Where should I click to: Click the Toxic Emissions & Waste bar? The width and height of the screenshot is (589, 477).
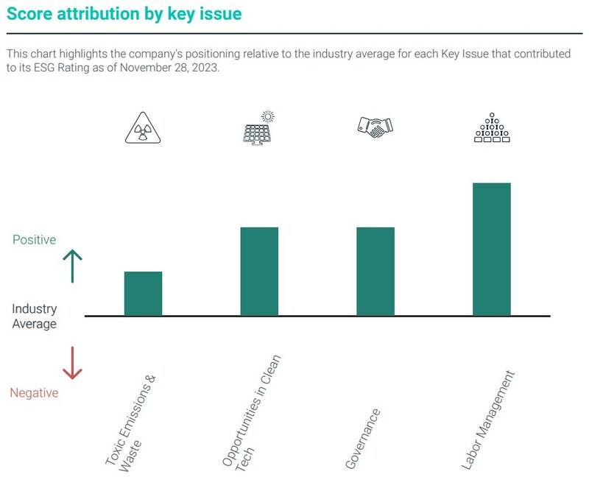tap(143, 294)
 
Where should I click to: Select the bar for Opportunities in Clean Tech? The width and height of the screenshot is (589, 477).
tap(259, 272)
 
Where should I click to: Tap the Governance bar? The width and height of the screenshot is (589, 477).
tap(375, 272)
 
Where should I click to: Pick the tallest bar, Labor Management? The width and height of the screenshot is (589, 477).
tap(492, 249)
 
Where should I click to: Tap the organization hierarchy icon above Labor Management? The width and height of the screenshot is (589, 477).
tap(492, 128)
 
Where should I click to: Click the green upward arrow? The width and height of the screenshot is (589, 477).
tap(72, 266)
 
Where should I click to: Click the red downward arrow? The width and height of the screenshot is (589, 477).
tap(72, 363)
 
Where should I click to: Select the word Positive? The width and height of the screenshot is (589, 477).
tap(34, 240)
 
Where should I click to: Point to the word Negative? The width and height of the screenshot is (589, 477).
tap(34, 393)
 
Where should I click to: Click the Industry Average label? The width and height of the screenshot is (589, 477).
tap(34, 317)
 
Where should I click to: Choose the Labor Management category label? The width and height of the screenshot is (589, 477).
tap(487, 420)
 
